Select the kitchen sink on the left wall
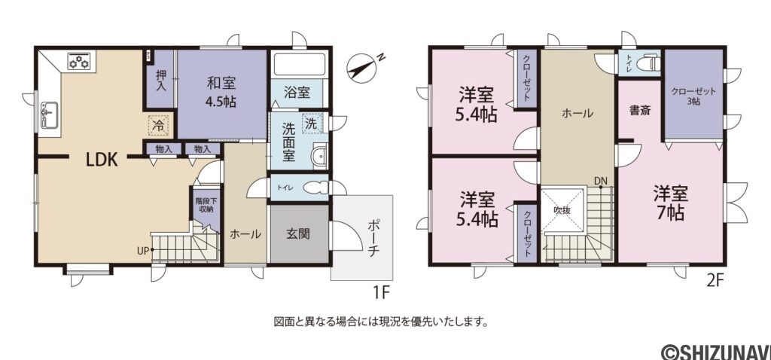pos(47,117)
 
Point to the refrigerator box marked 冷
pos(158,124)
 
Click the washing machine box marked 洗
pos(311,123)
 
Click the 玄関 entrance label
pos(298,234)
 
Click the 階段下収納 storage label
pos(204,206)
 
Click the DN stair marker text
pos(600,181)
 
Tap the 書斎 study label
pos(640,111)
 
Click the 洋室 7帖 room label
pos(669,202)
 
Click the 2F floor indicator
pos(715,280)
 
